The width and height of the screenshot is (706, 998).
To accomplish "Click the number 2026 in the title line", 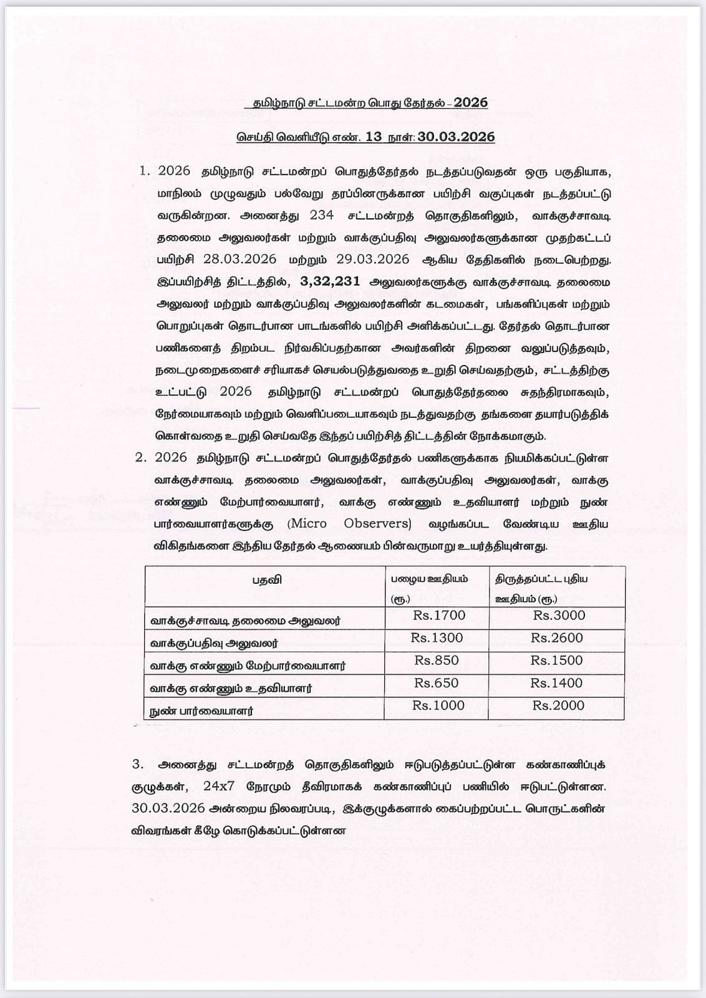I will click(471, 103).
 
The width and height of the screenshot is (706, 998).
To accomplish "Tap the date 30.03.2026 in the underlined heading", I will click(457, 137).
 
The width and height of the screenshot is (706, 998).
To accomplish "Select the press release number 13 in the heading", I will click(374, 137).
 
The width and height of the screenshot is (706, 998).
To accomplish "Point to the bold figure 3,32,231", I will click(330, 281).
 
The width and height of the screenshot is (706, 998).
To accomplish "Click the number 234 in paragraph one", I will click(321, 215).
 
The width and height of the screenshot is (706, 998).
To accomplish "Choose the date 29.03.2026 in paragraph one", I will click(373, 259).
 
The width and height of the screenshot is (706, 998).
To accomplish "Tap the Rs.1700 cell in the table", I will click(439, 616).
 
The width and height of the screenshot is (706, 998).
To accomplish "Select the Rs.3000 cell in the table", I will click(559, 616).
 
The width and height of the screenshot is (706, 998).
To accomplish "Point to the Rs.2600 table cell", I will click(557, 638).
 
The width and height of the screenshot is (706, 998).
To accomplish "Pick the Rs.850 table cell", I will click(437, 661).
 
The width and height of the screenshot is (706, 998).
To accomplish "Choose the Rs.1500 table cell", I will click(557, 661).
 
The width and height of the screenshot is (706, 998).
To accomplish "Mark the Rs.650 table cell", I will click(437, 683).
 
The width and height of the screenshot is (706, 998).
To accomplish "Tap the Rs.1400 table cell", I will click(557, 683).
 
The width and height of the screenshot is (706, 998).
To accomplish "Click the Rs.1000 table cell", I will click(438, 705).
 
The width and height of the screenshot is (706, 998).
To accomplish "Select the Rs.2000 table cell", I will click(558, 705).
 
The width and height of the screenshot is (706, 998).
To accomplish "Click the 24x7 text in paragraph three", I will click(219, 786).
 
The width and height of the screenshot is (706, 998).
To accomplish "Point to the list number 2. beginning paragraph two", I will click(141, 457).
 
